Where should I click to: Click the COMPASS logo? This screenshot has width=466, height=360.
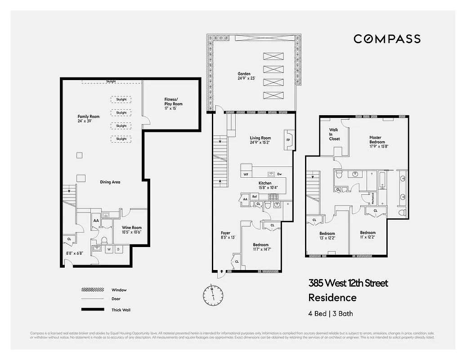point(387,39)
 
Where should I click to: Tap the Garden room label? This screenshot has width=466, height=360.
point(244,76)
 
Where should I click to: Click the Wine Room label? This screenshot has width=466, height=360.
point(132,229)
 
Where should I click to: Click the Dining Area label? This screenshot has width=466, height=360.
point(110,182)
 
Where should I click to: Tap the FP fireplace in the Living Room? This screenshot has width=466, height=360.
point(288,139)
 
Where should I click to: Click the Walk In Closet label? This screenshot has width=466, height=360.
point(334,134)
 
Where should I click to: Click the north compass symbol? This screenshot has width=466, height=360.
point(213,294)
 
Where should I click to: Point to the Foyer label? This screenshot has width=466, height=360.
point(225,235)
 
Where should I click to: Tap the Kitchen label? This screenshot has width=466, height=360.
point(265,185)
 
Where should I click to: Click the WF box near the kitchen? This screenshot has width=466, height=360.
point(246,174)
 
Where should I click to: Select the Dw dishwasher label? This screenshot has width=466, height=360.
point(279,174)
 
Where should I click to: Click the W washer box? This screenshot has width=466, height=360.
point(109,249)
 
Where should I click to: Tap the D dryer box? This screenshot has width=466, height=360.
point(118,249)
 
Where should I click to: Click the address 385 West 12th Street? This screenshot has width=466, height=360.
point(348,283)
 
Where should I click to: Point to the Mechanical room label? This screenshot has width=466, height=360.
point(372,198)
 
